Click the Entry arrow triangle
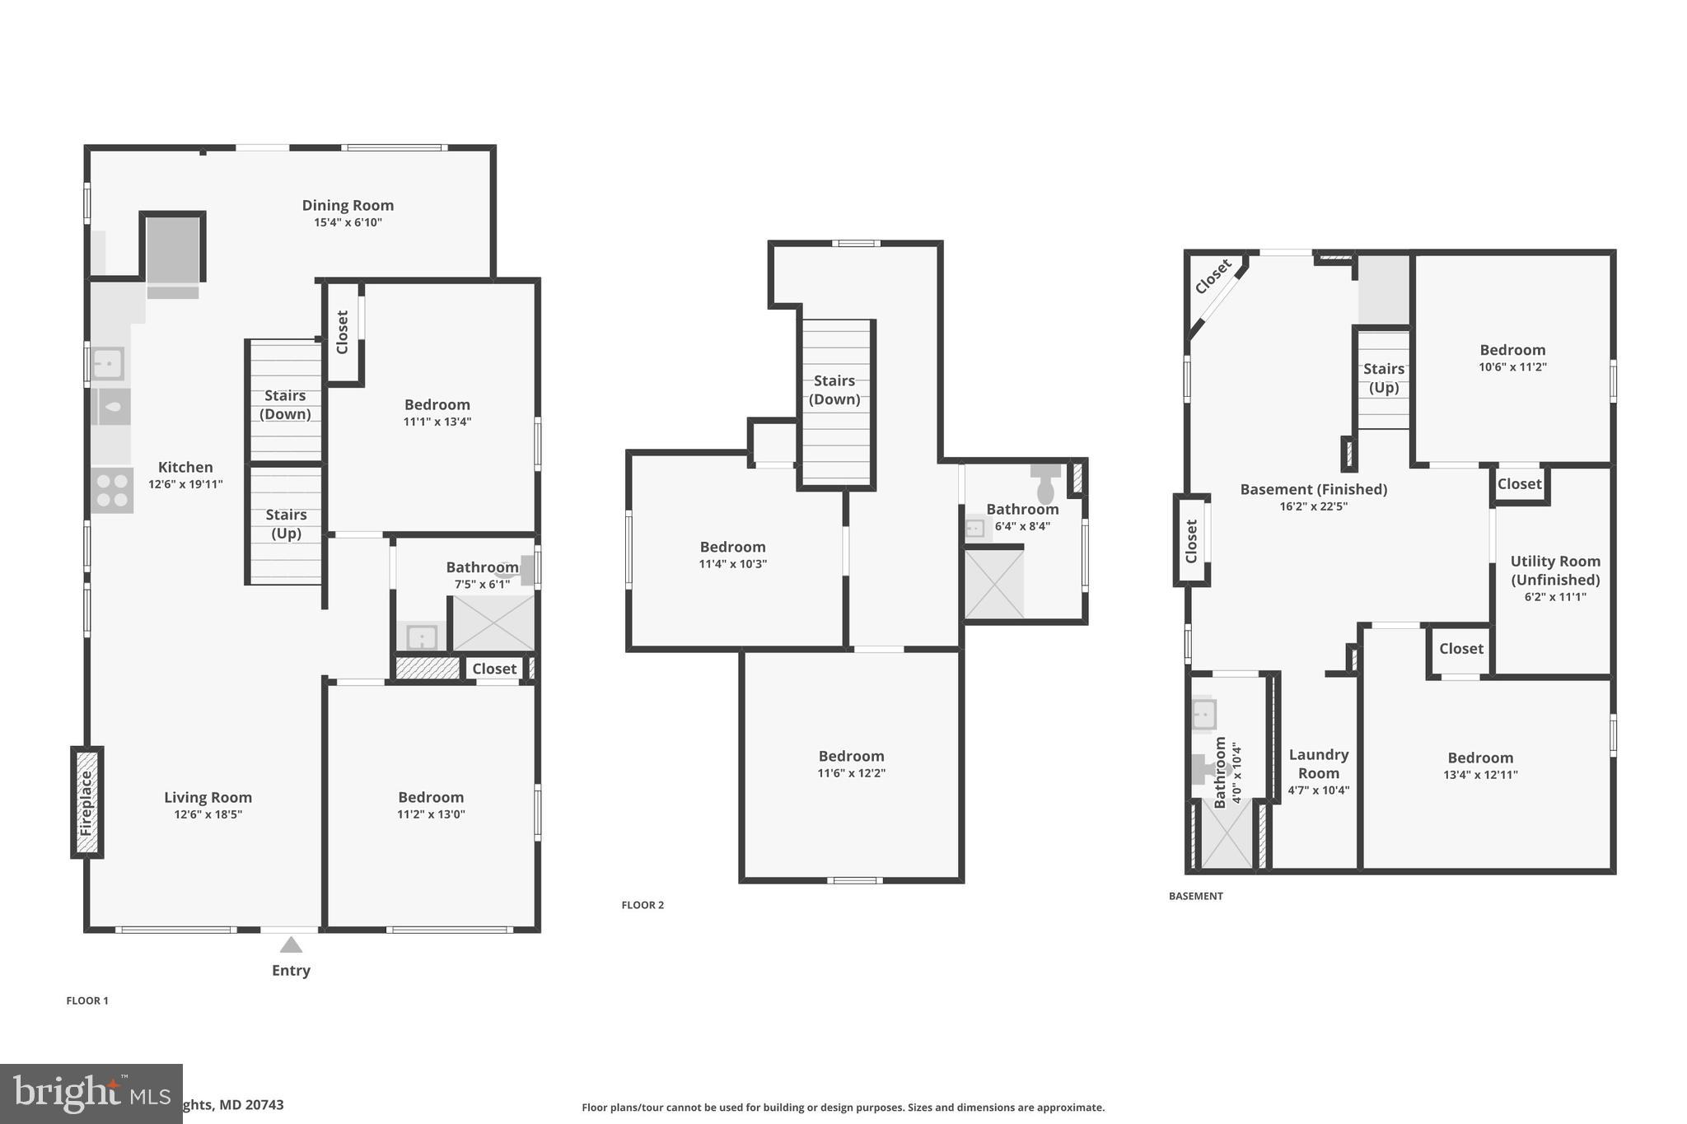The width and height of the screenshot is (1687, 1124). tap(291, 944)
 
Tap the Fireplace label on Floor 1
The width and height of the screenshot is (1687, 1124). tap(86, 803)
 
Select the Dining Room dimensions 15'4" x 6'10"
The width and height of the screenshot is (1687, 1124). tap(348, 222)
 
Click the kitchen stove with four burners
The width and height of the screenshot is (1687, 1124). tap(111, 490)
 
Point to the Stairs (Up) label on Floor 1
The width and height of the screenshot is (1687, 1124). tap(286, 524)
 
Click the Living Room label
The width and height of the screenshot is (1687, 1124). tap(208, 797)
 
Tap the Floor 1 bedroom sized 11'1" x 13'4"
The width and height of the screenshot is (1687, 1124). tap(437, 413)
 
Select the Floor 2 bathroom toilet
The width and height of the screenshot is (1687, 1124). tap(1045, 485)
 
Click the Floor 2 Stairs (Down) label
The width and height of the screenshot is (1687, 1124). tap(834, 389)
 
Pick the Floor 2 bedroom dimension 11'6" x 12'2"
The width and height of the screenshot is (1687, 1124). tap(851, 773)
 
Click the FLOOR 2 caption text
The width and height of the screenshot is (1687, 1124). tap(643, 905)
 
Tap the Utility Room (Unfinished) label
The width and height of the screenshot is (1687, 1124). tap(1555, 570)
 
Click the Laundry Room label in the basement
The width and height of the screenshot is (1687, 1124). tap(1318, 763)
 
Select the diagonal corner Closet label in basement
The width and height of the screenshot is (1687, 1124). tap(1213, 277)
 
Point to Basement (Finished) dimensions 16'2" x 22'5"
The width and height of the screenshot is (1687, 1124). tap(1313, 506)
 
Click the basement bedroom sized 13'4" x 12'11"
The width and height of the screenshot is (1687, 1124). tap(1480, 766)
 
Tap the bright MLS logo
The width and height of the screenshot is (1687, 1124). tap(91, 1094)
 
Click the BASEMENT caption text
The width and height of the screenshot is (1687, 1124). tap(1195, 896)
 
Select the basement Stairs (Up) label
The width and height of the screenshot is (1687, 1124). tap(1383, 378)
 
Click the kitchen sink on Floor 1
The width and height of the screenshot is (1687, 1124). tap(108, 363)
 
